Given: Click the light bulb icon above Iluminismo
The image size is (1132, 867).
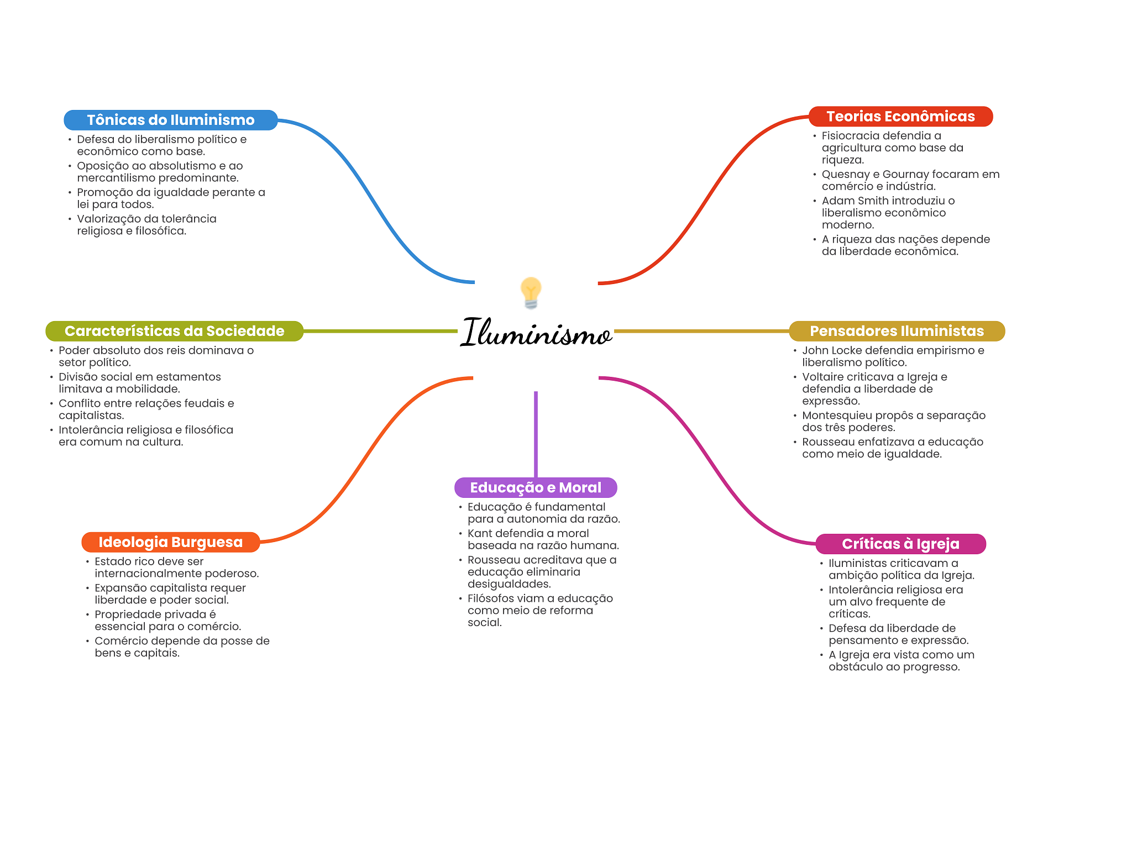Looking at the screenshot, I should click(x=531, y=292).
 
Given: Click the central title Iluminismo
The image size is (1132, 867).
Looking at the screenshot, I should click(x=536, y=333).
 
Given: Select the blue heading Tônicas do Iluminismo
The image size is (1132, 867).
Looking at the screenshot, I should click(x=170, y=120).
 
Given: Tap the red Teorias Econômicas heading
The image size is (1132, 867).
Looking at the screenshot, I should click(x=900, y=117).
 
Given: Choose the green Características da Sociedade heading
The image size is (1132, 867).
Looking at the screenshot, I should click(x=174, y=331).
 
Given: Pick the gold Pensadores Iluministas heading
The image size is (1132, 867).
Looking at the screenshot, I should click(x=897, y=331).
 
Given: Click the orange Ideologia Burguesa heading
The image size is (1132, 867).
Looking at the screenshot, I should click(x=170, y=542).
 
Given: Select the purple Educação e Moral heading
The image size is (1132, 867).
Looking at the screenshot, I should click(x=536, y=487).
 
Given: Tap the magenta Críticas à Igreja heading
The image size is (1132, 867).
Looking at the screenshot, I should click(x=900, y=544).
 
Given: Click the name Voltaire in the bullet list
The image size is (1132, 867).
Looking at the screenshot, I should click(x=823, y=377).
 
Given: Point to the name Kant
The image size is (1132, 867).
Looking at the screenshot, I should click(x=479, y=533).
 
